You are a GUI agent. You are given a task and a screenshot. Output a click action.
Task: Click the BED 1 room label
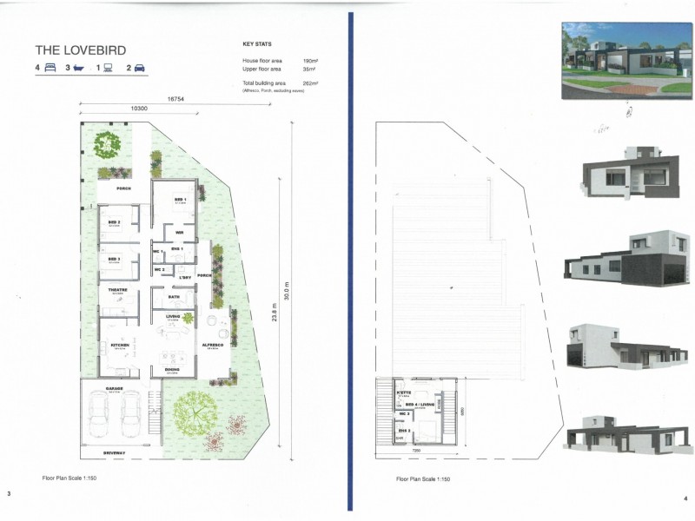[x=181, y=199]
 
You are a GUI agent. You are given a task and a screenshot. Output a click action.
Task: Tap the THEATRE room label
[x=118, y=290]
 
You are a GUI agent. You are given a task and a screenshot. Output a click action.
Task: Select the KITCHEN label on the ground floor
[x=120, y=346]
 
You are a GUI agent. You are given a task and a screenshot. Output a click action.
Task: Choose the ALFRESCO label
[x=214, y=346]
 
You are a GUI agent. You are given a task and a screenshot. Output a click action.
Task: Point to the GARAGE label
[x=114, y=388]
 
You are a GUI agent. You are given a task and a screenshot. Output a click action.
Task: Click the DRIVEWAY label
[x=114, y=453]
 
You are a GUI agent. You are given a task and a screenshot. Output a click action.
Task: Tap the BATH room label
[x=175, y=297]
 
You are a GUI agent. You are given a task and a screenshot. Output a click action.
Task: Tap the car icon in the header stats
[x=139, y=67]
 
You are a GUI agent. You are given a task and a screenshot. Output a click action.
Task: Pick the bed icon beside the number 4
[x=50, y=67]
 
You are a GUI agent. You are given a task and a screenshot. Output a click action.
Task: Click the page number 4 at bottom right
[x=685, y=497]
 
